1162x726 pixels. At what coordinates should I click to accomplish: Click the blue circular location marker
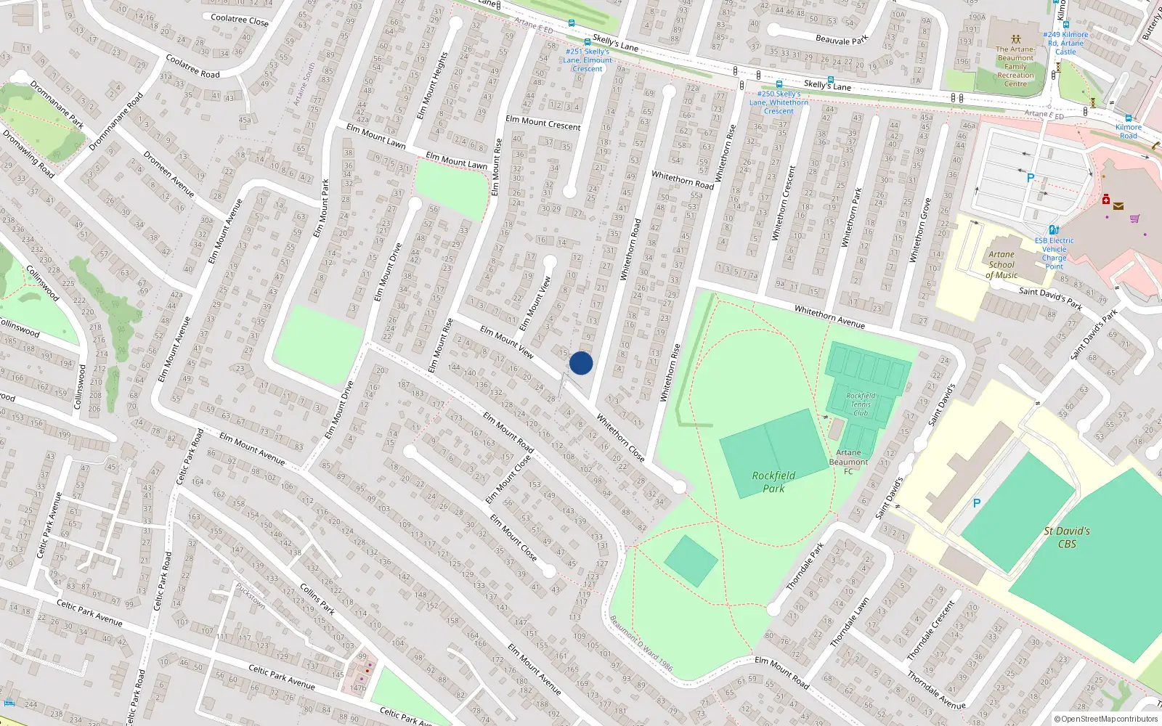(x=581, y=363)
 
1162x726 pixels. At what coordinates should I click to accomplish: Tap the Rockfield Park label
(x=773, y=482)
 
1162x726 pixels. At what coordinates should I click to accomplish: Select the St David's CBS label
(x=1067, y=537)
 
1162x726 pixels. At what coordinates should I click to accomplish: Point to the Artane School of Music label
(x=1001, y=265)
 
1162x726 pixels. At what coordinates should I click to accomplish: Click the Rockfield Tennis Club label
(x=861, y=404)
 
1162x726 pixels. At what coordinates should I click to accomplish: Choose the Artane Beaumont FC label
(x=848, y=462)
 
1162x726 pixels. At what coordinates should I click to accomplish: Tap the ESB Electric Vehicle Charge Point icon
(x=1054, y=230)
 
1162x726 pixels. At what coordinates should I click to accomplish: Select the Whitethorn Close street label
(x=620, y=438)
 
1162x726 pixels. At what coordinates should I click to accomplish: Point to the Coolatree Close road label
(x=240, y=20)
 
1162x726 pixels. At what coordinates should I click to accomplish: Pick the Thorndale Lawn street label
(x=849, y=622)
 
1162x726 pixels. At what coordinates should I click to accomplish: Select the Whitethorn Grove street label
(x=920, y=230)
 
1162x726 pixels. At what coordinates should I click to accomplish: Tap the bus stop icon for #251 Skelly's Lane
(x=588, y=42)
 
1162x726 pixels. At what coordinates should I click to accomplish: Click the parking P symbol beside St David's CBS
(x=977, y=503)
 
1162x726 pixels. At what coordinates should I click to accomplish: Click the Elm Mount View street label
(x=507, y=341)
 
